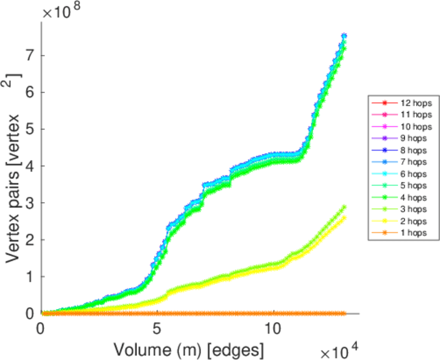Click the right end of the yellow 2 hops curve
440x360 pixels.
[x=344, y=217]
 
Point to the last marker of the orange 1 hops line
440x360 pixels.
[x=344, y=313]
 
